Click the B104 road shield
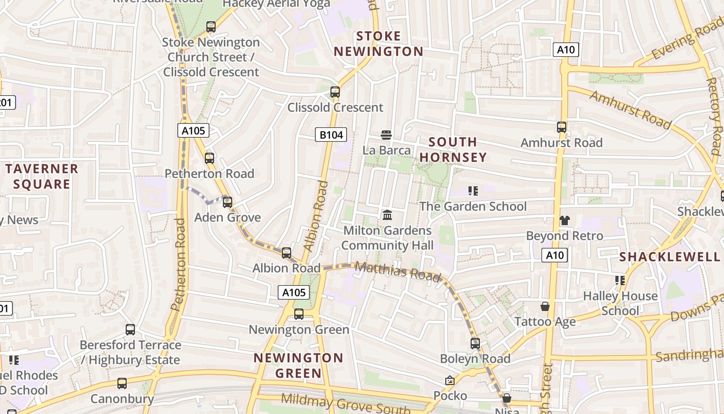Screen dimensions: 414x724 click(331, 135)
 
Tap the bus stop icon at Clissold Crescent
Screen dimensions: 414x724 click(335, 92)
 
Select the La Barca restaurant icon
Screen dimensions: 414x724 click(386, 135)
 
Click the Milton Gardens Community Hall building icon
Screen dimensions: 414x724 click(387, 214)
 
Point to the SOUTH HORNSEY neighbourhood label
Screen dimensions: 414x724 click(453, 150)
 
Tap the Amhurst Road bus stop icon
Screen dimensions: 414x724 click(562, 127)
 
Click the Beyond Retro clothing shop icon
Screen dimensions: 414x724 click(564, 220)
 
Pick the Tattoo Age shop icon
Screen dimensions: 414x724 click(545, 306)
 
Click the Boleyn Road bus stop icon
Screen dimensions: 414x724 click(475, 343)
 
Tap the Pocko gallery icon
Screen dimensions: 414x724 click(450, 380)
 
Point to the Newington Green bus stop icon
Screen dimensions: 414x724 click(298, 314)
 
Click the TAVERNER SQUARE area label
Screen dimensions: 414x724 click(42, 176)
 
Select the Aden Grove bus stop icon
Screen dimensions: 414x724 click(228, 202)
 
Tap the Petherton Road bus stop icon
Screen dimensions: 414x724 click(209, 158)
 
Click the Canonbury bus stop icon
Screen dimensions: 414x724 click(122, 383)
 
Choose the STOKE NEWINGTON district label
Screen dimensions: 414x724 click(379, 43)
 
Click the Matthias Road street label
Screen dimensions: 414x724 click(398, 271)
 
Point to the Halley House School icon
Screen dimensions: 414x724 click(620, 280)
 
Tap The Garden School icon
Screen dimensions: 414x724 click(472, 191)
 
